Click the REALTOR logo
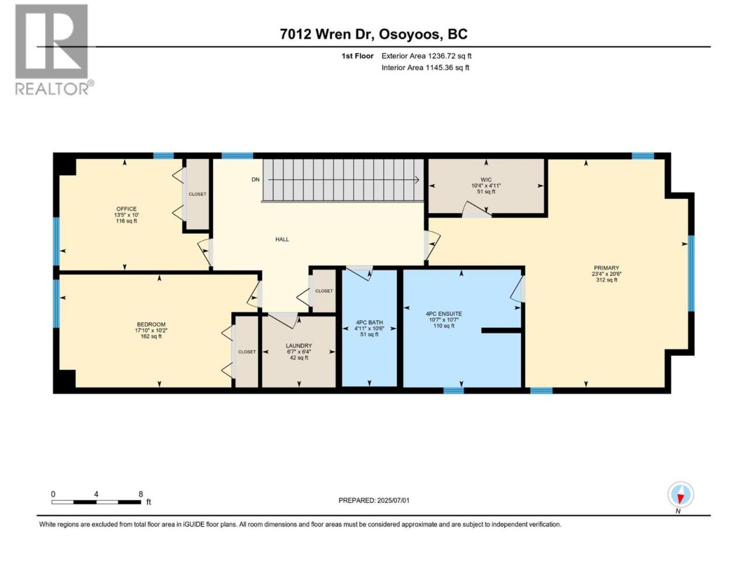54,50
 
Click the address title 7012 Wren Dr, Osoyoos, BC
373,34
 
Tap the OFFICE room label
126,209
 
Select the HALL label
282,240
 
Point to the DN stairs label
255,179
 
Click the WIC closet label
486,179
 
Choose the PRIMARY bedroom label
606,268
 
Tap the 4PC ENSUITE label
444,314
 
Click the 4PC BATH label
369,323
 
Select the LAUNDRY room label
299,346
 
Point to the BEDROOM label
151,324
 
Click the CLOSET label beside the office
198,194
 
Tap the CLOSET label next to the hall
324,291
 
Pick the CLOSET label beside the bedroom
247,352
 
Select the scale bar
96,502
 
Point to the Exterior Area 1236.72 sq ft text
427,56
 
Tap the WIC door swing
477,209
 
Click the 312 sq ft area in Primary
607,280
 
